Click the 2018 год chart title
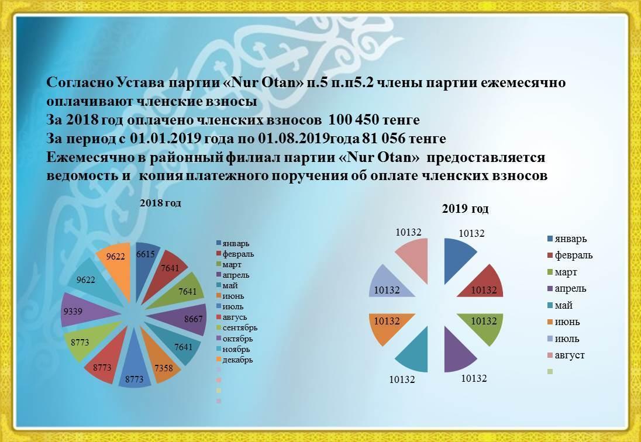click(160, 203)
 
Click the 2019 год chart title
click(465, 209)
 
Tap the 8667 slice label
click(194, 319)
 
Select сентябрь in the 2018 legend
click(237, 328)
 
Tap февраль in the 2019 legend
click(570, 255)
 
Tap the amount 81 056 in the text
click(384, 139)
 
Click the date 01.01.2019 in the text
click(165, 139)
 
